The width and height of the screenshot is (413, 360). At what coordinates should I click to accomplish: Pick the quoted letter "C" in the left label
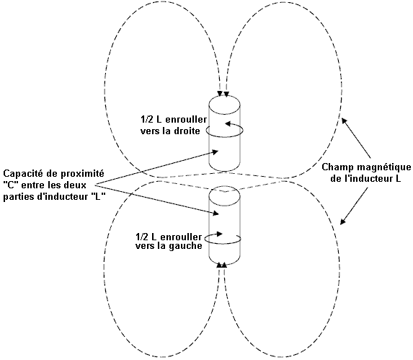(11, 185)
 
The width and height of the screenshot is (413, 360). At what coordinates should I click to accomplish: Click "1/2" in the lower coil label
(142, 237)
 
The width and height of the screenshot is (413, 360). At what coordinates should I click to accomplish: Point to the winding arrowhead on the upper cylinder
(228, 123)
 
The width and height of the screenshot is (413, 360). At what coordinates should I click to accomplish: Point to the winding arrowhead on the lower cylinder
(220, 234)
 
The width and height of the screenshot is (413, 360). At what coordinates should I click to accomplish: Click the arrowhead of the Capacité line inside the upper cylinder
(216, 152)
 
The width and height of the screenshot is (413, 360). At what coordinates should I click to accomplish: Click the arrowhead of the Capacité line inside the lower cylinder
(216, 214)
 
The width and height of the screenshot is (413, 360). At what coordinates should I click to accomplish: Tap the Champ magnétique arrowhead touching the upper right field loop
(344, 120)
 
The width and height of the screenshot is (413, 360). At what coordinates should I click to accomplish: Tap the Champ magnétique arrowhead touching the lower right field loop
(342, 221)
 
